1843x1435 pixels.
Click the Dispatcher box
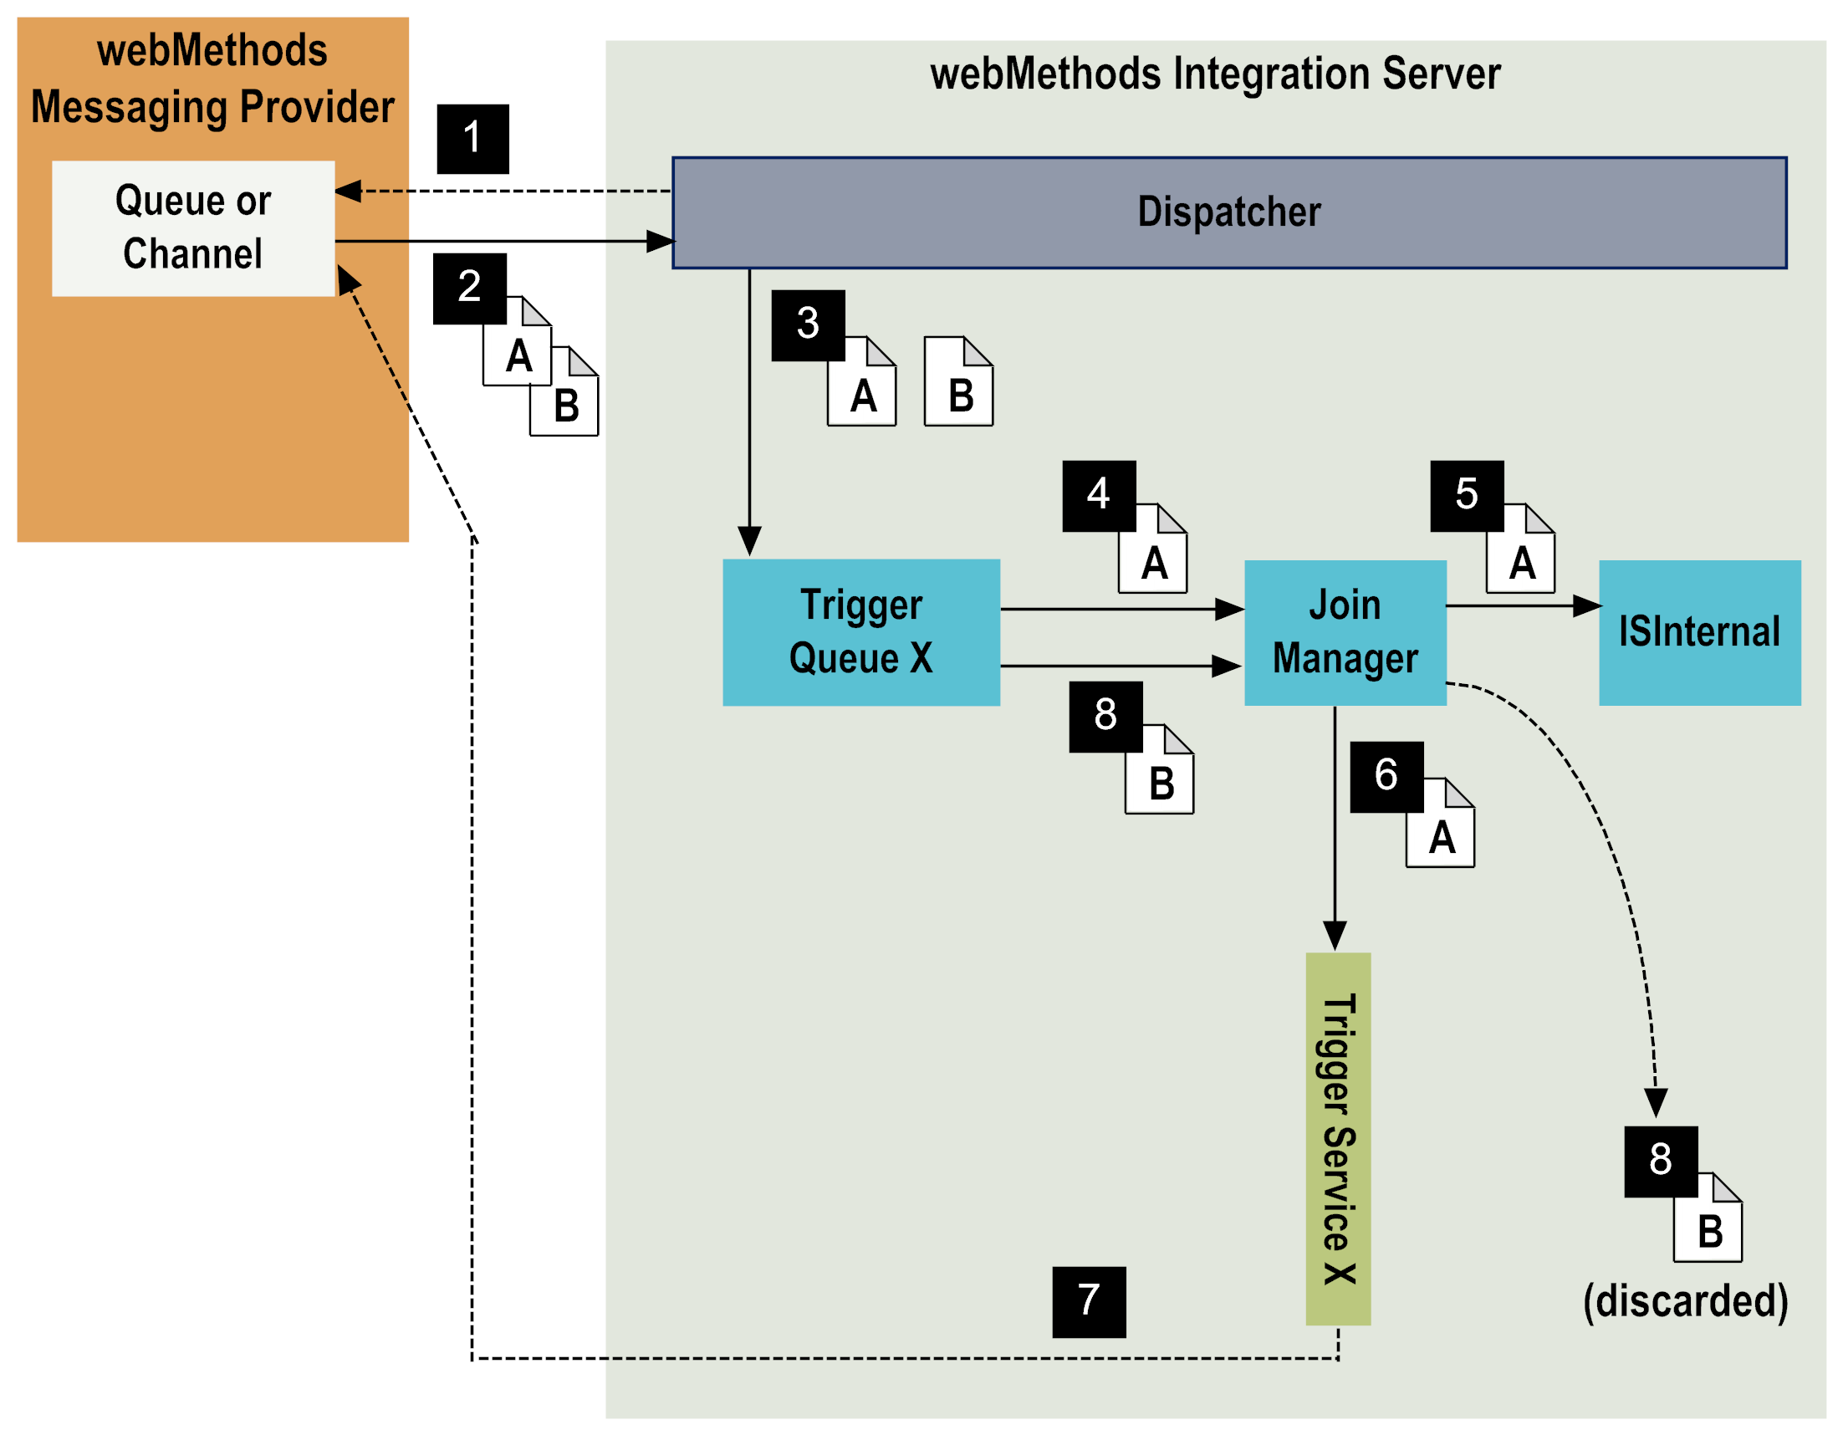(x=1228, y=212)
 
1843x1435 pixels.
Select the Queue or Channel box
(x=193, y=228)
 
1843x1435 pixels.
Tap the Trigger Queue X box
(x=860, y=632)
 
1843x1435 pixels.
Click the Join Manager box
(x=1345, y=632)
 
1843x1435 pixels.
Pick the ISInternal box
(x=1698, y=632)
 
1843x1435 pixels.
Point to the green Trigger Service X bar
(x=1338, y=1139)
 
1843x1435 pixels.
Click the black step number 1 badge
(x=472, y=139)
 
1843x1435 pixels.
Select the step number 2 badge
(x=469, y=288)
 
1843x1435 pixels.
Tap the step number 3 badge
(x=808, y=325)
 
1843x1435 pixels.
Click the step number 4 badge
(x=1098, y=496)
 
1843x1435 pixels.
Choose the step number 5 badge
(x=1466, y=496)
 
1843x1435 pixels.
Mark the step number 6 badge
(x=1386, y=777)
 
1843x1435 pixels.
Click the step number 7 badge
(x=1089, y=1301)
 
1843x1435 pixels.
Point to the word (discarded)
(x=1685, y=1301)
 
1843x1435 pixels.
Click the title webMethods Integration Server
(x=1215, y=74)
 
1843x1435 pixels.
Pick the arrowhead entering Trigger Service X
(x=1334, y=937)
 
